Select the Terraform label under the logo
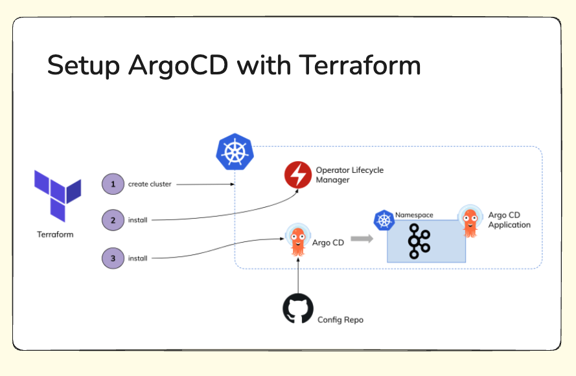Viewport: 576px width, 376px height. coord(55,234)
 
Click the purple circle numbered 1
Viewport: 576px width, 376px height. coord(113,184)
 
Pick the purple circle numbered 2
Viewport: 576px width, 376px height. coord(113,220)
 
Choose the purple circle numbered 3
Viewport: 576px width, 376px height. coord(113,258)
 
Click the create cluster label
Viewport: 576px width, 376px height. coord(150,184)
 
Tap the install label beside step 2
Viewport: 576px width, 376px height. coord(138,220)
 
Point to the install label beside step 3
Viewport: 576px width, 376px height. coord(138,258)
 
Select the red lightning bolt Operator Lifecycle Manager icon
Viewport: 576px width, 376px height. coord(298,175)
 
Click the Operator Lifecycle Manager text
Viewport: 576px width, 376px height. coord(349,175)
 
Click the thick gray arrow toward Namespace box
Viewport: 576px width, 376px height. coord(362,239)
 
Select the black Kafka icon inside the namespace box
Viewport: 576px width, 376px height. coord(419,241)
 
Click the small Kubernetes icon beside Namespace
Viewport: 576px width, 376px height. coord(384,221)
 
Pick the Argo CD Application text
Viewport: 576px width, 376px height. coord(509,220)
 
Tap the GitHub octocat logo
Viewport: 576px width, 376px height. coord(298,309)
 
